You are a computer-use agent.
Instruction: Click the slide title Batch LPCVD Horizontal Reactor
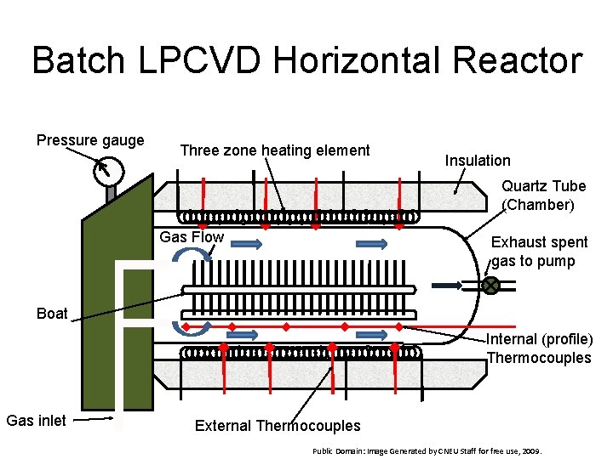pyautogui.click(x=306, y=61)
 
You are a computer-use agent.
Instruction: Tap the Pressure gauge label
pyautogui.click(x=90, y=140)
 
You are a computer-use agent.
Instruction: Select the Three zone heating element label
pyautogui.click(x=275, y=150)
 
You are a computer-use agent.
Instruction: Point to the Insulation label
pyautogui.click(x=478, y=161)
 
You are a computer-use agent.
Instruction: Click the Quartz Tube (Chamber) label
pyautogui.click(x=543, y=195)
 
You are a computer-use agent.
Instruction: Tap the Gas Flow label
pyautogui.click(x=192, y=237)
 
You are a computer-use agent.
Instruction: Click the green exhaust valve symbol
pyautogui.click(x=491, y=286)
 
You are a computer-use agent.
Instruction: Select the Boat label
pyautogui.click(x=52, y=314)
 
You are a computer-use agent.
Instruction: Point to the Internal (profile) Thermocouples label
pyautogui.click(x=540, y=348)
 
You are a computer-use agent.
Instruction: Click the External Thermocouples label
pyautogui.click(x=278, y=426)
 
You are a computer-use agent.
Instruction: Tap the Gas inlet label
pyautogui.click(x=36, y=420)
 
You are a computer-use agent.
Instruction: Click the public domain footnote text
pyautogui.click(x=426, y=451)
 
